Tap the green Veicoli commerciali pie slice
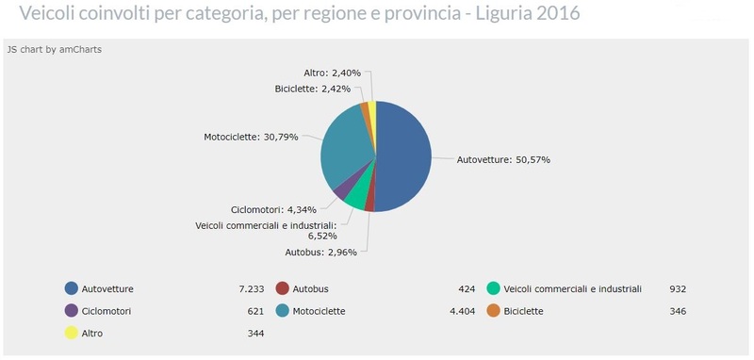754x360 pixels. pyautogui.click(x=355, y=195)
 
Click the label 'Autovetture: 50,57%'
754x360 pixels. pyautogui.click(x=503, y=160)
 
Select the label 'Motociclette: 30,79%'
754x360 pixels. pyautogui.click(x=251, y=137)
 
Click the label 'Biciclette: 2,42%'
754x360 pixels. pyautogui.click(x=313, y=89)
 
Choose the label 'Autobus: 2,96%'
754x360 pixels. pyautogui.click(x=318, y=253)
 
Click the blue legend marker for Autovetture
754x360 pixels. pyautogui.click(x=71, y=288)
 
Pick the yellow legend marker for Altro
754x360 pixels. pyautogui.click(x=71, y=333)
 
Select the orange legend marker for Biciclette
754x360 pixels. pyautogui.click(x=493, y=311)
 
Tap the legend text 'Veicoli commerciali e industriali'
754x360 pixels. pyautogui.click(x=573, y=288)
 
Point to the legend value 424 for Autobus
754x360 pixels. pyautogui.click(x=466, y=288)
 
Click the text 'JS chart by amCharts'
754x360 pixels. pyautogui.click(x=54, y=50)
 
